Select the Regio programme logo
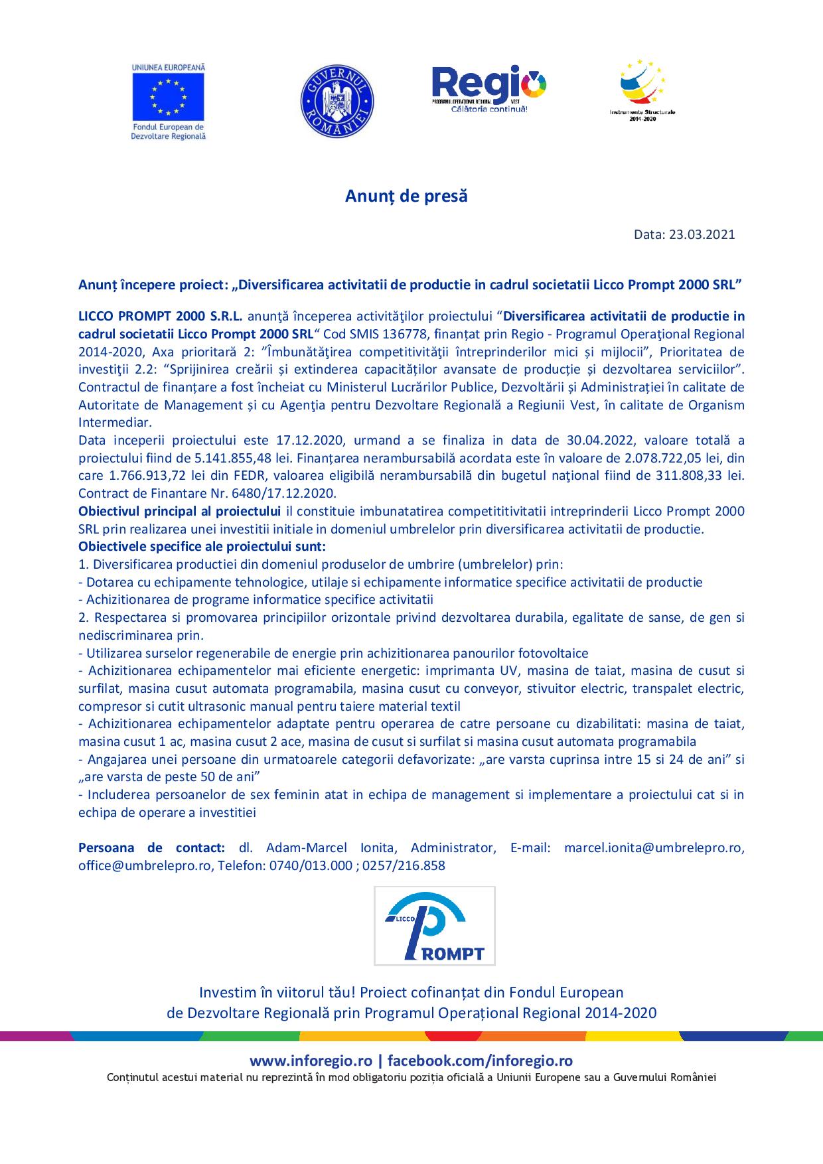click(489, 88)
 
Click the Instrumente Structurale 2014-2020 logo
click(642, 90)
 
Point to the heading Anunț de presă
click(406, 196)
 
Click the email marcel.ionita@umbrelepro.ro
click(654, 847)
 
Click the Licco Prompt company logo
click(434, 925)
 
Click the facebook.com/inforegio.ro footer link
click(480, 1061)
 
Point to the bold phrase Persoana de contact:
click(151, 847)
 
